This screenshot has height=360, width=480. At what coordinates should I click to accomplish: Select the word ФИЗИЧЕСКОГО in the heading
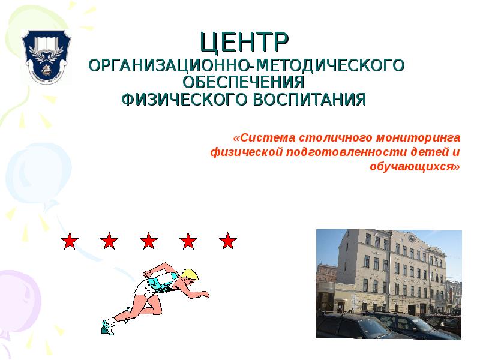coord(181,99)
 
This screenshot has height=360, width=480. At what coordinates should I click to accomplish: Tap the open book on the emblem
coord(46,43)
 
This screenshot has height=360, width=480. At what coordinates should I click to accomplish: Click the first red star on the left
coord(70,241)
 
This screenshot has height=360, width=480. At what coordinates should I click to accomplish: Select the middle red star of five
coord(149,241)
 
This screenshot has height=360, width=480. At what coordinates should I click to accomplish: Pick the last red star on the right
coord(227,241)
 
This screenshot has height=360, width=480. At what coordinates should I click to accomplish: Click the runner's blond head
coord(190,277)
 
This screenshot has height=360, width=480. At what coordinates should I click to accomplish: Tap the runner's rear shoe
coord(108,327)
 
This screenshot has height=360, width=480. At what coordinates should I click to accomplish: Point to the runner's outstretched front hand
coord(205,295)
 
